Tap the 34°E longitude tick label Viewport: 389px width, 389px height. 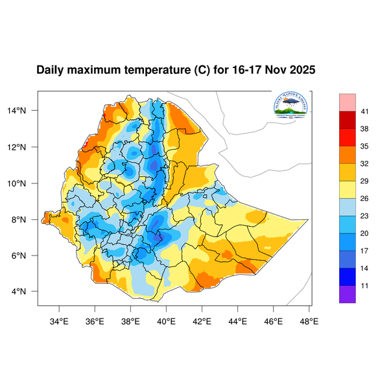click(60, 320)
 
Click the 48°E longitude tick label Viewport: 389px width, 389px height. click(309, 320)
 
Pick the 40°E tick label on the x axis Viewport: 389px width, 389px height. click(167, 320)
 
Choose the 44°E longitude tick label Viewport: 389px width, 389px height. click(238, 320)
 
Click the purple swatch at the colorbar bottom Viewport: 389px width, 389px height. click(348, 294)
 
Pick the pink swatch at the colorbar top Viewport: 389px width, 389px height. click(348, 102)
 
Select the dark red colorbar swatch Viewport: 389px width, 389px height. click(348, 121)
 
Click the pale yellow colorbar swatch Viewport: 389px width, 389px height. click(348, 190)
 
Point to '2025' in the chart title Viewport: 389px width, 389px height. click(301, 70)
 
